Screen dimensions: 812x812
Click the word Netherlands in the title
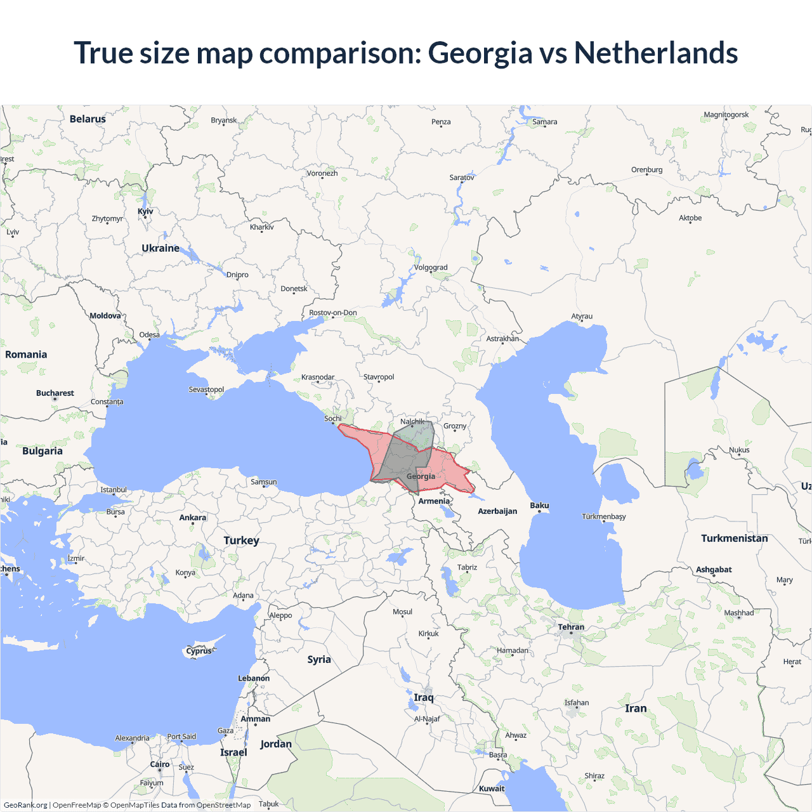coord(655,53)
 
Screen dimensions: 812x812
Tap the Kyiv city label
coord(145,211)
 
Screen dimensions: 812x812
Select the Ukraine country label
coord(160,248)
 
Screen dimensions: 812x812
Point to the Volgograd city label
coord(431,267)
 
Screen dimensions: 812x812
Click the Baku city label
coord(539,506)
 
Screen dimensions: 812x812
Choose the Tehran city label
coord(571,627)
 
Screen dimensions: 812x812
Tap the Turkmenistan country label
coord(734,538)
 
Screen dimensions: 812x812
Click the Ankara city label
coord(193,518)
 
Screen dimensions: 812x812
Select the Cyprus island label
coord(199,651)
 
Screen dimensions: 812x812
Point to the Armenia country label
coord(434,501)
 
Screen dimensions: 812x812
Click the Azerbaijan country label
coord(497,511)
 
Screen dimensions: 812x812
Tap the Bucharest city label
coord(55,393)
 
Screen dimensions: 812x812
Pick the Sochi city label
coord(332,419)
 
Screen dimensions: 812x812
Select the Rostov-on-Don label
coord(333,313)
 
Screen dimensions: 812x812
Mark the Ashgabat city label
coord(714,570)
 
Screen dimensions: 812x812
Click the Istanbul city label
coord(114,490)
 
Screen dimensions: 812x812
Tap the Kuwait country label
coord(492,789)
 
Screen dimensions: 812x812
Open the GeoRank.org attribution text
coord(25,805)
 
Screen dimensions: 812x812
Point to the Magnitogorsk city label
coord(726,115)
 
